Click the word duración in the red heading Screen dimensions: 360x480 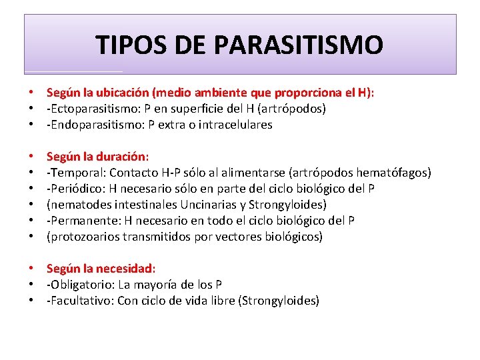(121, 157)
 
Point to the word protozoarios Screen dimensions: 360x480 (82, 237)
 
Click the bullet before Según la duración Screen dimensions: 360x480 (31, 157)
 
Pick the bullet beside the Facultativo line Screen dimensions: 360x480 (31, 301)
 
